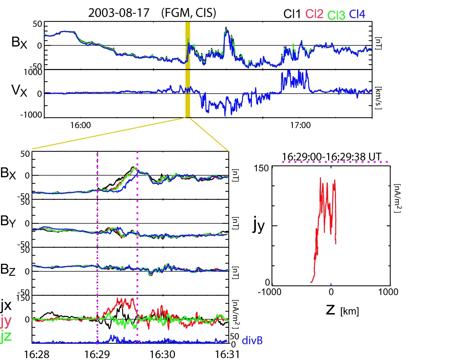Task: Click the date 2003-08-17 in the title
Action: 118,13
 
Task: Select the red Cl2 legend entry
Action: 314,14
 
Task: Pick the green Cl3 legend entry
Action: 336,15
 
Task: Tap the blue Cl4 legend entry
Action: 357,14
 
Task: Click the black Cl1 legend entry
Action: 292,14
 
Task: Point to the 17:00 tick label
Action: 300,125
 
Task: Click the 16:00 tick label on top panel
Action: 81,125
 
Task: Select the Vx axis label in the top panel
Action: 19,90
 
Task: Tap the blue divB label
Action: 252,340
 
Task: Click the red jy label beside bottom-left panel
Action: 6,320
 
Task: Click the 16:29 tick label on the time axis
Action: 97,354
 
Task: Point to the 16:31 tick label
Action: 228,354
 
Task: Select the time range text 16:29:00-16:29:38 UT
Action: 331,157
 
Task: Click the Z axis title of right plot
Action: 331,310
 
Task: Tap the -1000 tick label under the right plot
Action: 270,292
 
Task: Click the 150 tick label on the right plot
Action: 261,168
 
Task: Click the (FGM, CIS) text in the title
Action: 189,13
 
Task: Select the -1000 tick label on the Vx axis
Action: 31,115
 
